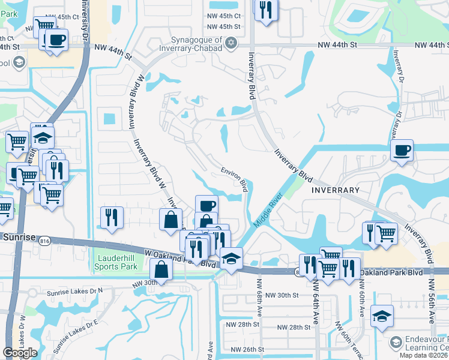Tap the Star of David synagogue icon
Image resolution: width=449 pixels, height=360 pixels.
(231, 41)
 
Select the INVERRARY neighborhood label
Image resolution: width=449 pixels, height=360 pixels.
(336, 190)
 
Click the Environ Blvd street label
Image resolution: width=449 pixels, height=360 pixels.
(235, 179)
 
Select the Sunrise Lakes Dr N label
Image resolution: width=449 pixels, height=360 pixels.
(75, 290)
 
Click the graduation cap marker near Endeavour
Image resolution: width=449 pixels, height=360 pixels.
(382, 315)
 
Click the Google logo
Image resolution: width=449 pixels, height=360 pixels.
(19, 353)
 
